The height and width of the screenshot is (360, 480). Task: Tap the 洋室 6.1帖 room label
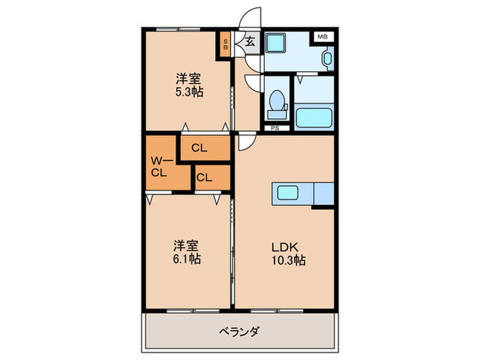[186, 252]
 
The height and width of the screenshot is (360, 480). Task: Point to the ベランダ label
[239, 331]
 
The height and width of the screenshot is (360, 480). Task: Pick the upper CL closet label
[200, 147]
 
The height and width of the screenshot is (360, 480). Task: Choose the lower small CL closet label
[204, 178]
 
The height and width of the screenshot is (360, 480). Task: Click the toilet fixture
[278, 101]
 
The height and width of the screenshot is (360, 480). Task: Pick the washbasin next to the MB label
[327, 58]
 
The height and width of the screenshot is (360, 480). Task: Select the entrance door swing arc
[250, 19]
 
